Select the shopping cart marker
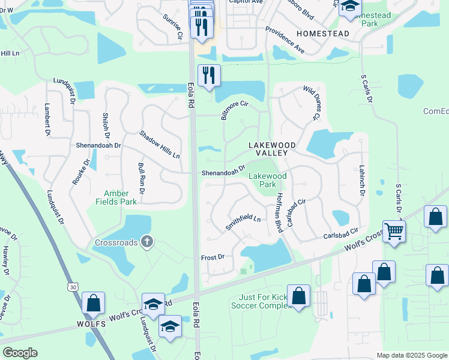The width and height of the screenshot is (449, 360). (394, 230)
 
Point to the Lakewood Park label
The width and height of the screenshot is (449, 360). (268, 180)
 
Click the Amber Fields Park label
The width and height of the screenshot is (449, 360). (120, 197)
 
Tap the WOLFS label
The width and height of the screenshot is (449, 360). (91, 324)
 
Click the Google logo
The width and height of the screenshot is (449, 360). (20, 353)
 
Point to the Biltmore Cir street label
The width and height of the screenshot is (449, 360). (235, 109)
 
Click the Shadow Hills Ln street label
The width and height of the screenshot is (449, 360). (159, 145)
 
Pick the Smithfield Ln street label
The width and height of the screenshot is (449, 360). (243, 222)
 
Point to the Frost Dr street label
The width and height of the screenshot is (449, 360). (212, 257)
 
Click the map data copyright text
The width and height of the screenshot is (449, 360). (411, 355)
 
